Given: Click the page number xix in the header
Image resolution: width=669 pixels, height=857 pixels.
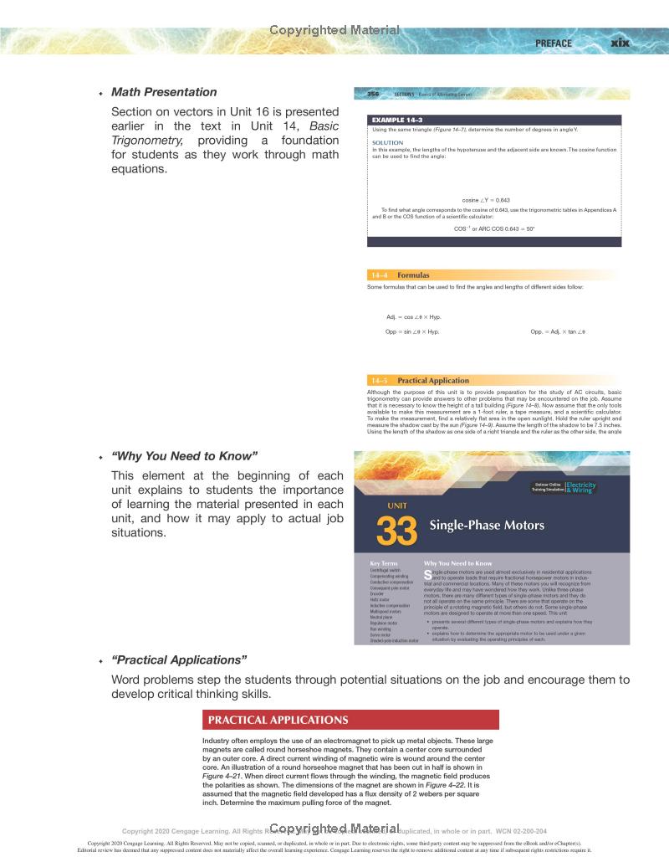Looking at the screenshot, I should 620,43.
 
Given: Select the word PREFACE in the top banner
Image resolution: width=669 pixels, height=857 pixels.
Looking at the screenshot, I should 554,44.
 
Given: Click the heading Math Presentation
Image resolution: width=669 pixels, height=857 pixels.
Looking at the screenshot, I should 164,92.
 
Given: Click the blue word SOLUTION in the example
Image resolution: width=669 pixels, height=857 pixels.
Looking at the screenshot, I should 388,142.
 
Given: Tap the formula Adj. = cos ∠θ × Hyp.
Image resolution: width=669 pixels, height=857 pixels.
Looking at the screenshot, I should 414,317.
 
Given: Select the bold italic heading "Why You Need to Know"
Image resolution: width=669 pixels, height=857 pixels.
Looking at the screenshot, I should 184,455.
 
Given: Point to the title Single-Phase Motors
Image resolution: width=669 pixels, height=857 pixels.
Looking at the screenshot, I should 487,526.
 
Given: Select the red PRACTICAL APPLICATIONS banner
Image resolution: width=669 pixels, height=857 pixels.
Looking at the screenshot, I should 350,720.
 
